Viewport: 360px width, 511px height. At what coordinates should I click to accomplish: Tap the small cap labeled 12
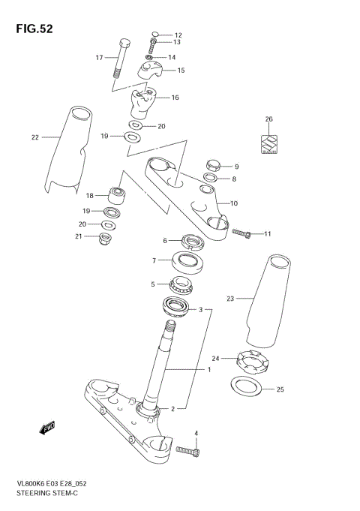(x=155, y=35)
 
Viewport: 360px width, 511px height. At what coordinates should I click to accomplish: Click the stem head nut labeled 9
(x=211, y=164)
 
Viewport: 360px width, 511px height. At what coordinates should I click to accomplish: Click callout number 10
(x=233, y=203)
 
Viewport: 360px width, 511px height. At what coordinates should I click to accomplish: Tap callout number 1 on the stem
(x=209, y=370)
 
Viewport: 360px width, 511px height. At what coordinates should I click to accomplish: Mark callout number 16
(x=175, y=98)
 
